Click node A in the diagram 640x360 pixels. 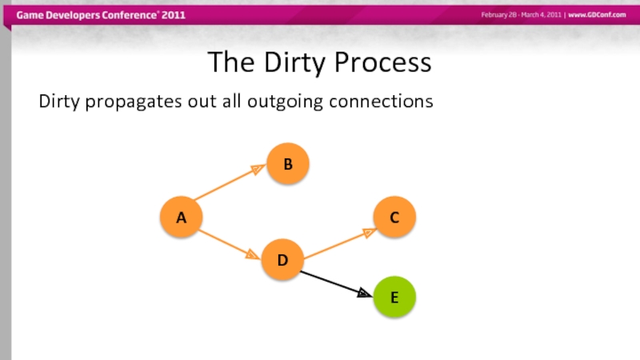coord(181,217)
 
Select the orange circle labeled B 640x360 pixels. coord(287,164)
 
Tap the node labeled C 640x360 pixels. coord(394,217)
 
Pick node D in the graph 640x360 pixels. coord(282,260)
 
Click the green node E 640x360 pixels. coord(394,297)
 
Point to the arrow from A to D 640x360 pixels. coord(228,243)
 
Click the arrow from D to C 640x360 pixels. coord(339,244)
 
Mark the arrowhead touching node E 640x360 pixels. coord(365,294)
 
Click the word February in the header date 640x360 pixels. coord(497,16)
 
